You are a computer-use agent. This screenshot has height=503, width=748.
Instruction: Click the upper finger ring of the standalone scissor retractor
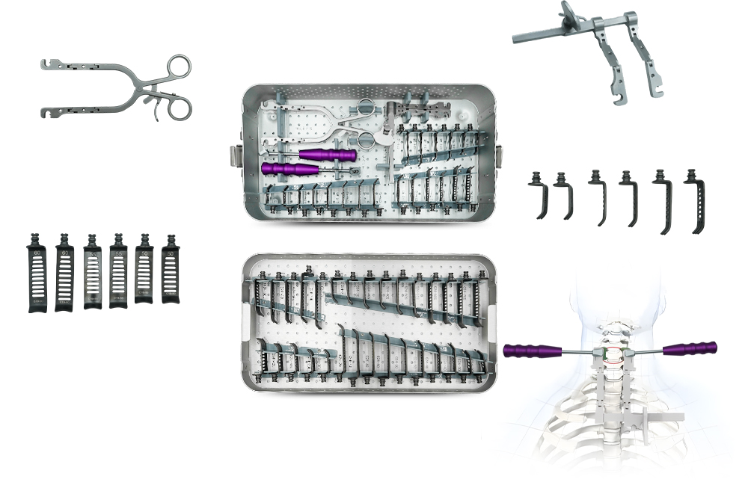[180, 67]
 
